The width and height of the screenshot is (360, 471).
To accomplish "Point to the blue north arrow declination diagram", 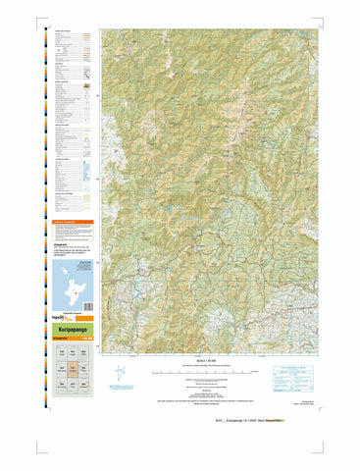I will tap(119, 374).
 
